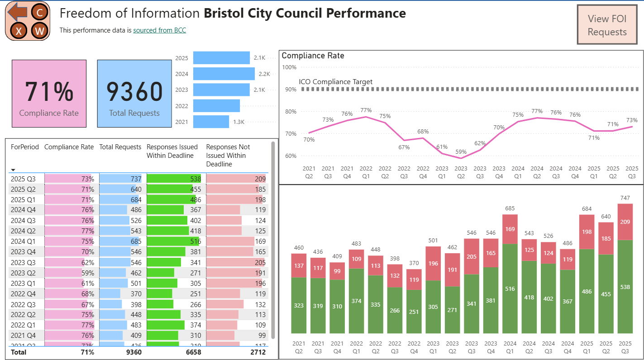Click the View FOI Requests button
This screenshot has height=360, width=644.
[607, 25]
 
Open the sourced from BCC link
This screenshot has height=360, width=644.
[159, 30]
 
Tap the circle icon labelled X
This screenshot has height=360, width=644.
[19, 31]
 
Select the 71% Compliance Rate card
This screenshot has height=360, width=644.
[49, 94]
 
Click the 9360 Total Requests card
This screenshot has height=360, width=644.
[134, 94]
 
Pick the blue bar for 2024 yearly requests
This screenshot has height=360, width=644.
[224, 74]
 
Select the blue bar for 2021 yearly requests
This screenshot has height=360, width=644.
[211, 122]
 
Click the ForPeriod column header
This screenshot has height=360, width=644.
[25, 147]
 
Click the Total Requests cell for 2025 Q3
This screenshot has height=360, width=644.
[120, 179]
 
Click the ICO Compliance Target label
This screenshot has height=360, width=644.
[336, 82]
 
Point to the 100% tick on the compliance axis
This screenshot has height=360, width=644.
[289, 67]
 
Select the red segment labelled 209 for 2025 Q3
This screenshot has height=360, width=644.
[625, 222]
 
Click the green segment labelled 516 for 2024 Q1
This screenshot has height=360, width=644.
[510, 289]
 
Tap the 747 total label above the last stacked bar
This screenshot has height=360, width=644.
[625, 198]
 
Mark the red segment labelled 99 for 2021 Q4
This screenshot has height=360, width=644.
[337, 271]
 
